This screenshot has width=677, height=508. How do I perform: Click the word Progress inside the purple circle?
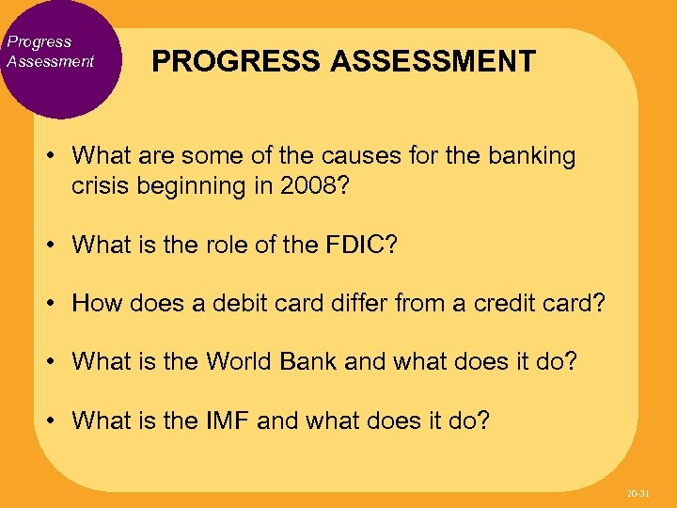(39, 41)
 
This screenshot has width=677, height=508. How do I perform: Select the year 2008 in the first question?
(303, 185)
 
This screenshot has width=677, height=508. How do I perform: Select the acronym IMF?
(228, 420)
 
